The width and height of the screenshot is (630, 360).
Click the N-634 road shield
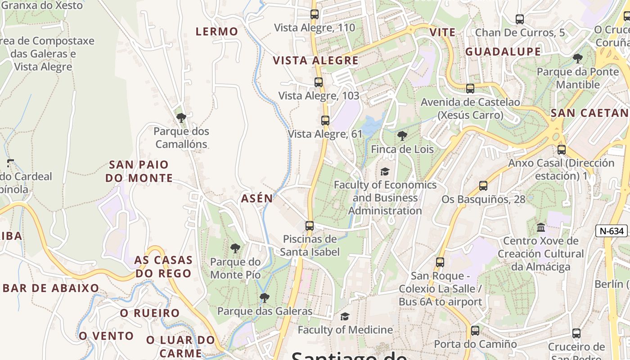pos(612,231)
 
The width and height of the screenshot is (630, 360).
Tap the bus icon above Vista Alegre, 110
pos(315,14)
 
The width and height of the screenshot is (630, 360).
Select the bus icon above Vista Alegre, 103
pos(319,82)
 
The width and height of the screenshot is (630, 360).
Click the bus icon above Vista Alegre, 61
pos(325,120)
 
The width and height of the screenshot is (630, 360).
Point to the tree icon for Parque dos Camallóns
pos(181,118)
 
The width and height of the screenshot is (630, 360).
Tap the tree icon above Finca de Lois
pos(402,135)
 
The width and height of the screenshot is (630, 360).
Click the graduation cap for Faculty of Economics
pos(385,171)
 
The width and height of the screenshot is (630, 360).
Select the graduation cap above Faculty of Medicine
pos(345,317)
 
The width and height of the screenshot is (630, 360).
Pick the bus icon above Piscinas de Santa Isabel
pos(310,225)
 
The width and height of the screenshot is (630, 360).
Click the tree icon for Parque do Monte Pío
pos(235,248)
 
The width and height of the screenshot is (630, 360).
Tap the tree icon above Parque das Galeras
pos(265,297)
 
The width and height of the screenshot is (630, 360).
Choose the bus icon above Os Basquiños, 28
pos(483,185)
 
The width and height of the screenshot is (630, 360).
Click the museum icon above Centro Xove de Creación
pos(541,227)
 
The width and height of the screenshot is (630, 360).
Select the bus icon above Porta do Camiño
pos(475,331)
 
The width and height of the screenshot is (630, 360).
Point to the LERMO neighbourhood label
pos(217,31)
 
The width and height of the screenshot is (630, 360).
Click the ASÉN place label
pos(257,198)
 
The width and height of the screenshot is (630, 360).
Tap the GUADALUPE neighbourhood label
pos(503,52)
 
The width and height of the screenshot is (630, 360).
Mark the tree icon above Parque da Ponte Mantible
pos(578,58)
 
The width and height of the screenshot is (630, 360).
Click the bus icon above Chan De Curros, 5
pos(520,19)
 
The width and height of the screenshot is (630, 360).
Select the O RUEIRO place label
pos(150,313)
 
